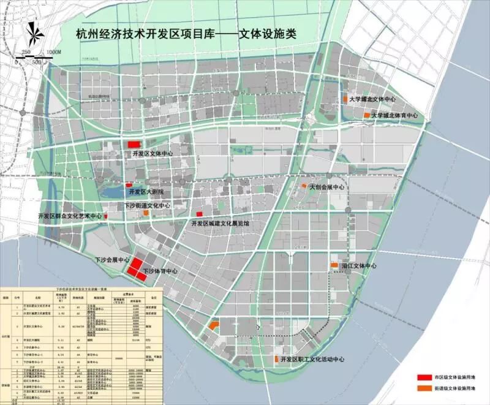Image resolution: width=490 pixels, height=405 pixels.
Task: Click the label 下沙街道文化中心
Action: coord(148,206)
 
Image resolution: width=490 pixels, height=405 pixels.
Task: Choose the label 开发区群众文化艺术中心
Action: coord(70,217)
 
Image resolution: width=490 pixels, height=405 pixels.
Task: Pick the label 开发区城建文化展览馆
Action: coord(222,224)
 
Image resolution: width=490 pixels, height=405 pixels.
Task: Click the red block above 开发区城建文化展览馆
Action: coord(199,213)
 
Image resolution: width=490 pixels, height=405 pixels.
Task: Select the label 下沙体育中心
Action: coord(160,270)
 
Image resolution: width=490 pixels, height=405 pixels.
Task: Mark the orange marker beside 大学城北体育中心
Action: coord(367,115)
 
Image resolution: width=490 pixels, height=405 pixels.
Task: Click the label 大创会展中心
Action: coord(327,187)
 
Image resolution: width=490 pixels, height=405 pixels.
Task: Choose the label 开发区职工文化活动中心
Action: coord(312,360)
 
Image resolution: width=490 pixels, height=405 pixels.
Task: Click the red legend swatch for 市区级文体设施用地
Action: coord(424,376)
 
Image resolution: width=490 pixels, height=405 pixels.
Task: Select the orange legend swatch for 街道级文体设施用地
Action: coord(424,388)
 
